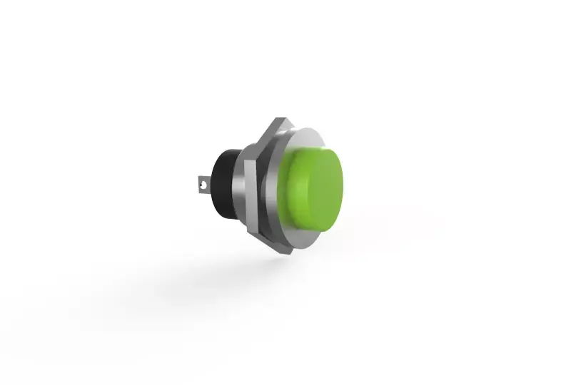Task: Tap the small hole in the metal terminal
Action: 203,187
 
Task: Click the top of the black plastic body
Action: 227,151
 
